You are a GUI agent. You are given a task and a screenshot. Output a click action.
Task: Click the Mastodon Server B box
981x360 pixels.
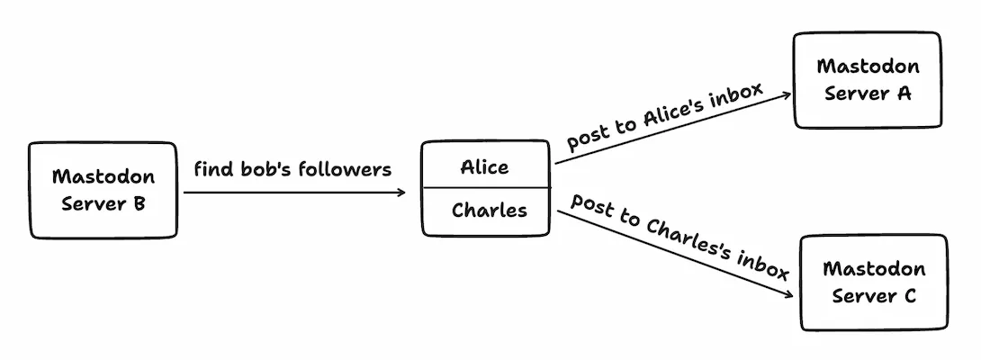click(103, 190)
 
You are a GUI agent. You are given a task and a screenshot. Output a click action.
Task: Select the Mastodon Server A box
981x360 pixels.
click(867, 79)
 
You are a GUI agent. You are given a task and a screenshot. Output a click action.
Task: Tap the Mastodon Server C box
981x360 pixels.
click(873, 282)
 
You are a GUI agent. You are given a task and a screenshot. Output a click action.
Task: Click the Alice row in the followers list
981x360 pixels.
click(485, 166)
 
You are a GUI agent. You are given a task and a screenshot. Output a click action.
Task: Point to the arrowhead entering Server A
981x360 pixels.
click(787, 94)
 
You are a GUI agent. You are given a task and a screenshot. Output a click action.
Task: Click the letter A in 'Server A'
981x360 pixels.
click(904, 93)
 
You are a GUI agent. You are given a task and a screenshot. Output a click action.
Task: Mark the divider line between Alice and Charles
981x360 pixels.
click(485, 188)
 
